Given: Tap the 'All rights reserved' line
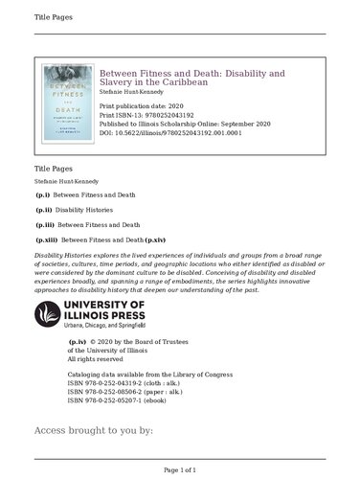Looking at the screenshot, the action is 99,358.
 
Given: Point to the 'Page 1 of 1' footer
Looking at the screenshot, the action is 180,470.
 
